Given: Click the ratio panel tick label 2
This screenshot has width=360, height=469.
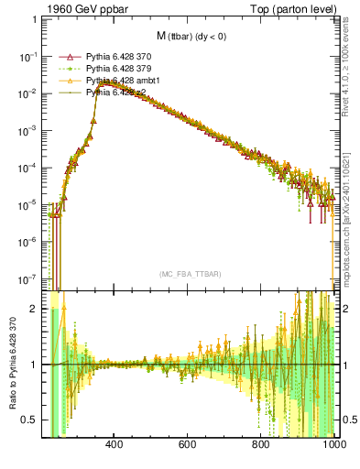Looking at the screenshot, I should point(35,309).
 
